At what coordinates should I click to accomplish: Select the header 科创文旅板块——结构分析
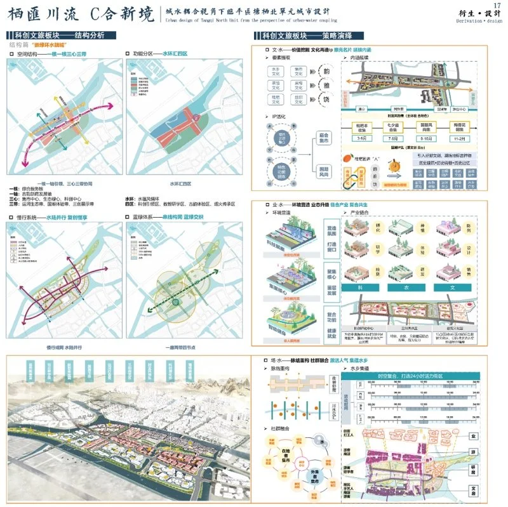[63, 36]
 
